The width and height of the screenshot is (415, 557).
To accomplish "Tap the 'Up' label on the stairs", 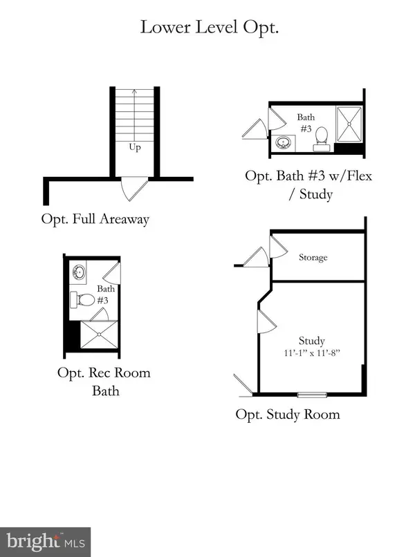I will pos(136,147).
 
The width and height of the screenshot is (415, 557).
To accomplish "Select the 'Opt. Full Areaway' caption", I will pos(95,220).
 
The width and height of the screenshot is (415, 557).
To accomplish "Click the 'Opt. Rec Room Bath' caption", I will pos(104,381).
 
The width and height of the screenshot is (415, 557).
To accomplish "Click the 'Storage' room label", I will pos(313,257).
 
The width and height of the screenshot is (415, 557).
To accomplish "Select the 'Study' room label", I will pos(311,341).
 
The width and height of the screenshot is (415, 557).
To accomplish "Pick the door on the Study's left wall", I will pos(264,319).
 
